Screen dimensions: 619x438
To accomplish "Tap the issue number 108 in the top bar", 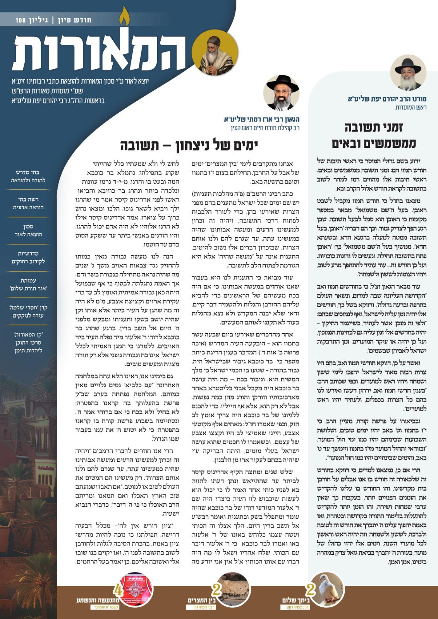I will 21,20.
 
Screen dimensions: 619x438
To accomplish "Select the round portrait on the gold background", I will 210,53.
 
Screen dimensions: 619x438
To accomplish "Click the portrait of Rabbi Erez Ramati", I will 282,93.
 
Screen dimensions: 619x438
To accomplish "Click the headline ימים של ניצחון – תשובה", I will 189,146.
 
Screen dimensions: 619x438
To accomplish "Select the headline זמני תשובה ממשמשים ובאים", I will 374,135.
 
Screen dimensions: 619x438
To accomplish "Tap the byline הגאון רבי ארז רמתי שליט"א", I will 261,120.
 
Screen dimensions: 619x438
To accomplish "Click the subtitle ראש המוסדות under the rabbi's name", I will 411,107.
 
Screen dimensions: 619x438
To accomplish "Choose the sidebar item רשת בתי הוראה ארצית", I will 28,203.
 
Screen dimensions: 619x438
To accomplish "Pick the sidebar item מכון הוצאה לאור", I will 28,230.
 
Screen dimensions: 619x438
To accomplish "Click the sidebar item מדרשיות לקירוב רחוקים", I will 28,257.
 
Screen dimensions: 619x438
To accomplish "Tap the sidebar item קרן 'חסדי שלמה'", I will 28,311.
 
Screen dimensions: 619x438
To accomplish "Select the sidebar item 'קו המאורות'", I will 28,342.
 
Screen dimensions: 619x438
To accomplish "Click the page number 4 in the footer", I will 117,590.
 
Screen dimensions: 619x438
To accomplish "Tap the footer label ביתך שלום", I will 296,600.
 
